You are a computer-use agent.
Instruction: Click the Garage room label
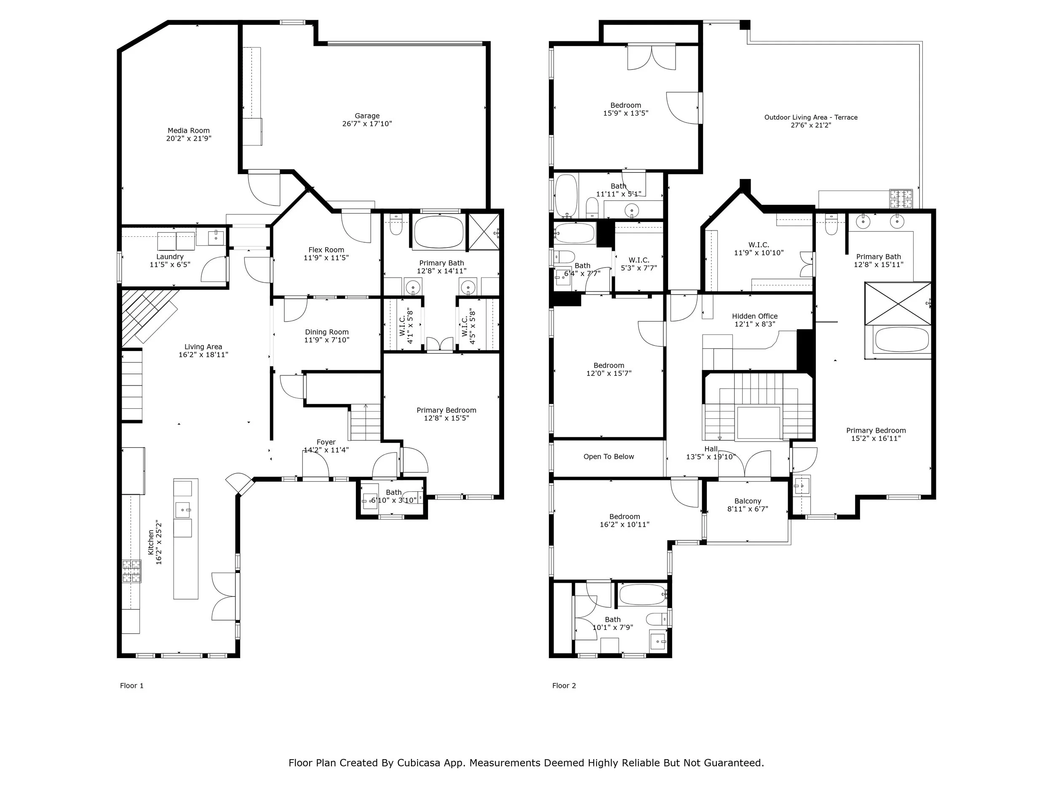pos(367,116)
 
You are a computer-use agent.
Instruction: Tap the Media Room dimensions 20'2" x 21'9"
pos(189,139)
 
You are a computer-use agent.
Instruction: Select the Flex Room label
pos(326,249)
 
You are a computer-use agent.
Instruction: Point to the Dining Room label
pos(326,332)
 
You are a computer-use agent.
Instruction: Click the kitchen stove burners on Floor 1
pos(132,571)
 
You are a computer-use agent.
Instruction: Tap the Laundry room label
pos(169,257)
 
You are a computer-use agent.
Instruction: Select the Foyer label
pos(326,442)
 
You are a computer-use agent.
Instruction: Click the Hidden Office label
pos(754,316)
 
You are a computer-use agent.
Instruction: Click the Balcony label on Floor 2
pos(747,501)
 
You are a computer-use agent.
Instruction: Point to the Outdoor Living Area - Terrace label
pos(811,117)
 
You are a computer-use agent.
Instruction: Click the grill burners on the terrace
pos(901,198)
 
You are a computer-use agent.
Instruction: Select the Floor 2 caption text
pos(564,686)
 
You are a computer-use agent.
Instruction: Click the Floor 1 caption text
pos(131,686)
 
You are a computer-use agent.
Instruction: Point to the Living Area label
pos(203,347)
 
